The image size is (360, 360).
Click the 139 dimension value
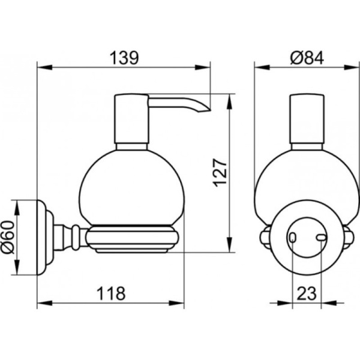pos(124,58)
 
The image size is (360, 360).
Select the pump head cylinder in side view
pos(131,120)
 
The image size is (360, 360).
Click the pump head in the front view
pos(307,120)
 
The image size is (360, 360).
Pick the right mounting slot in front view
pos(322,239)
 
